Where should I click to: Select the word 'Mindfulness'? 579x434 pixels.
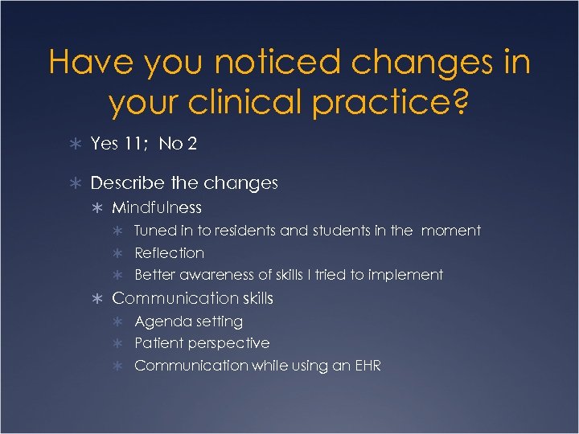tap(157, 208)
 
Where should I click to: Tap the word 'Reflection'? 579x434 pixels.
tap(169, 252)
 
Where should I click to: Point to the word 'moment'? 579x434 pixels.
tap(450, 231)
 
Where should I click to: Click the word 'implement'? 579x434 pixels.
tap(405, 275)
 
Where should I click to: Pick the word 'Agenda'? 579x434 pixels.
tap(160, 321)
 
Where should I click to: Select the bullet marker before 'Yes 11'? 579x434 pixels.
tap(75, 145)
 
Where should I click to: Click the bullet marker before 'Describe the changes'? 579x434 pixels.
tap(75, 184)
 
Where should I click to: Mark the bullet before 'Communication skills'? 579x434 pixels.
tap(96, 299)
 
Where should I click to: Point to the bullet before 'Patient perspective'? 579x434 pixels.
tap(119, 343)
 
